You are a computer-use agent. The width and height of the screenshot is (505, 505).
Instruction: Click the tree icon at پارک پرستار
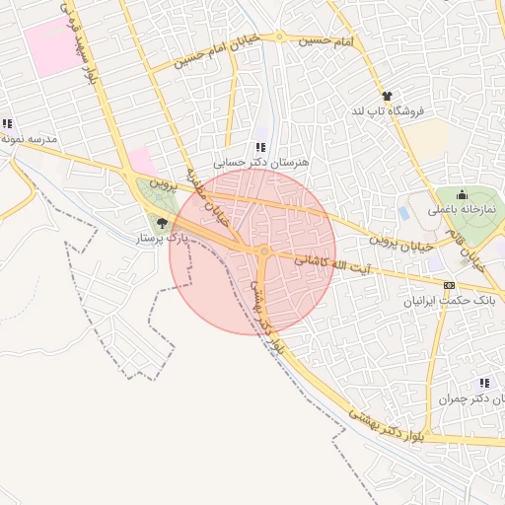(162, 223)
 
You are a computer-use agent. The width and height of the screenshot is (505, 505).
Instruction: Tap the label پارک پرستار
(162, 239)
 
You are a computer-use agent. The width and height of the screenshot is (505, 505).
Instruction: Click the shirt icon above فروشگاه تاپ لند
(387, 97)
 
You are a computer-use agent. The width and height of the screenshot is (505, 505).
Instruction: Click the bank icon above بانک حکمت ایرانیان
(450, 284)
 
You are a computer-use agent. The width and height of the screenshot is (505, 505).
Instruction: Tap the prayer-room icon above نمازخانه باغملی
(462, 195)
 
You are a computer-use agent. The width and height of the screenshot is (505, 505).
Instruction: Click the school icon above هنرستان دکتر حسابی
(260, 146)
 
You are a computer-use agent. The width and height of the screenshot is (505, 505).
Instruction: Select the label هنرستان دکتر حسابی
(261, 161)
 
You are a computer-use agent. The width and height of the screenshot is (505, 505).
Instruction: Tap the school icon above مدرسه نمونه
(8, 124)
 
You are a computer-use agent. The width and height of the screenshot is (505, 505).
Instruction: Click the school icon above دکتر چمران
(483, 383)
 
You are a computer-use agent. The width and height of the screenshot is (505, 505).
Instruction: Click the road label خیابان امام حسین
(216, 53)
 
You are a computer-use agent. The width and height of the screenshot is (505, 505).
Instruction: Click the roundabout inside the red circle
(264, 252)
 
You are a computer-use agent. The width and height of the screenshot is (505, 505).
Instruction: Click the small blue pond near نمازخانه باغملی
(404, 212)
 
